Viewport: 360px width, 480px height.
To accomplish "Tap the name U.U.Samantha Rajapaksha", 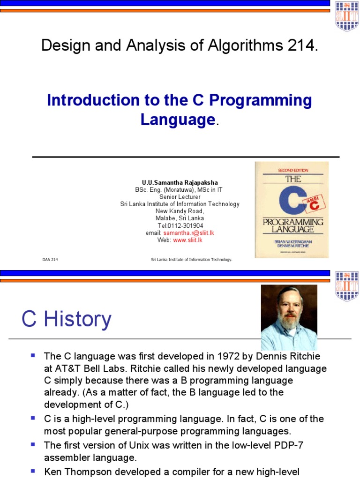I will point(180,182).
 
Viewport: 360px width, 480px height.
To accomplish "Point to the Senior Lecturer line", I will point(180,197).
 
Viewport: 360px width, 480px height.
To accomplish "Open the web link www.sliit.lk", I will point(187,240).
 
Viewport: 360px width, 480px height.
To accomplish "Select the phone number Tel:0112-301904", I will point(180,225).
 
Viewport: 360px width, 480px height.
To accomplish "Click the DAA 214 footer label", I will point(50,259).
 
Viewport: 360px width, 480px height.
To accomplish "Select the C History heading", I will point(67,320).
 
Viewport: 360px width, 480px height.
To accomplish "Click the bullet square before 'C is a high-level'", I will point(33,417).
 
